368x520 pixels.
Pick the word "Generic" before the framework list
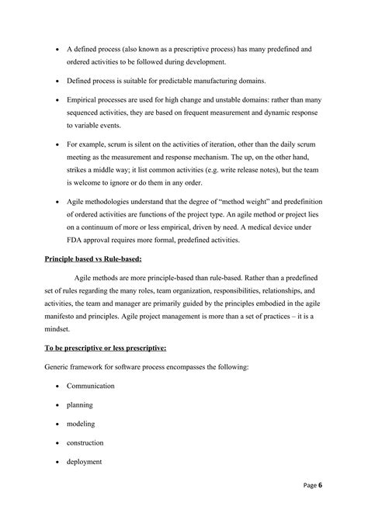point(58,366)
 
